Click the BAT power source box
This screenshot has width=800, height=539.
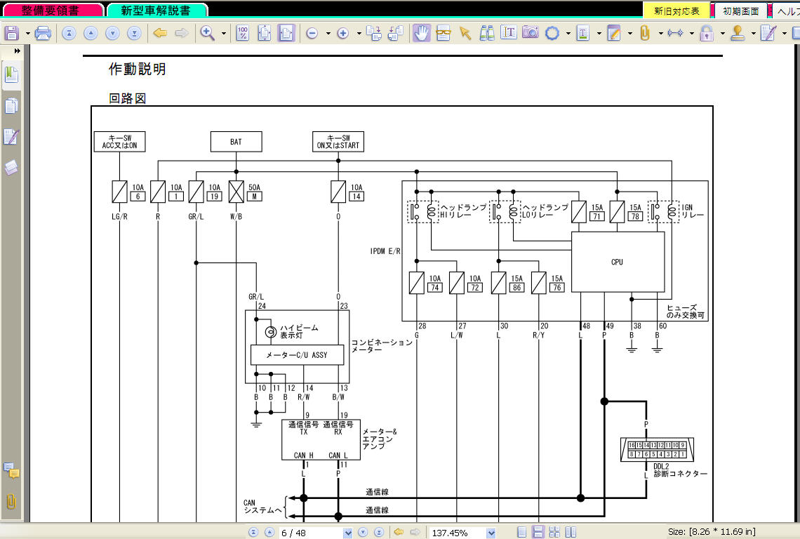(x=236, y=142)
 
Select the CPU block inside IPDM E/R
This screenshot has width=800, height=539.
(x=618, y=262)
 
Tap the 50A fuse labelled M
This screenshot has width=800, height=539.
(x=236, y=192)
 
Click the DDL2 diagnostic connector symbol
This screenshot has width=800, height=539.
(x=657, y=450)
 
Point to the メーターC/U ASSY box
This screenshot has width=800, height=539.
(x=297, y=354)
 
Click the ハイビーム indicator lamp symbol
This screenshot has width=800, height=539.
(x=270, y=332)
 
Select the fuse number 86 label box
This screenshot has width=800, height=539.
(x=516, y=287)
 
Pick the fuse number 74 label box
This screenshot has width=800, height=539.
(x=434, y=287)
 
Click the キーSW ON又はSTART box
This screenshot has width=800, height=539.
(x=338, y=142)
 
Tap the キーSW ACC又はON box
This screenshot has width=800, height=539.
(x=119, y=142)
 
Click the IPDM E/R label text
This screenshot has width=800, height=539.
(x=385, y=251)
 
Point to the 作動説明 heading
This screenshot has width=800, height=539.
(x=138, y=69)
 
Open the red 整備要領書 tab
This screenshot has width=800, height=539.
(x=53, y=11)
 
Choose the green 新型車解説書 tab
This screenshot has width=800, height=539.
(x=156, y=11)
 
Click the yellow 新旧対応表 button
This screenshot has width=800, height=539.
(x=676, y=11)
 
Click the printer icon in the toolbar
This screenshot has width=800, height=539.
(x=43, y=33)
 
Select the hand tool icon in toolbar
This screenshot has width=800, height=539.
(x=422, y=33)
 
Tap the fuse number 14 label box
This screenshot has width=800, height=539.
(x=356, y=197)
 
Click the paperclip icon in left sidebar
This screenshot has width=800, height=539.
(x=11, y=502)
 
